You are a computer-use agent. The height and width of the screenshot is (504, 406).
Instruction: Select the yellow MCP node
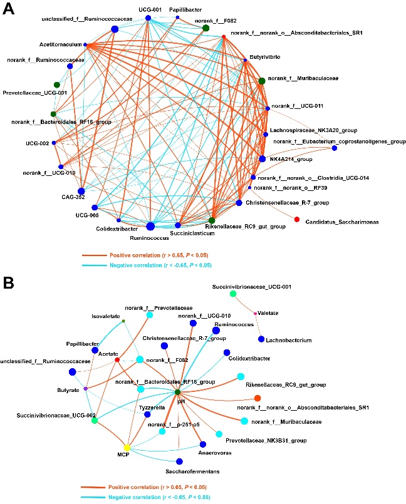tap(127, 448)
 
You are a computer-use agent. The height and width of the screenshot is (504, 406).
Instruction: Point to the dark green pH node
tap(179, 393)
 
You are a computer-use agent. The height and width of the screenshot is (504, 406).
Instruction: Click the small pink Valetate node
tap(255, 312)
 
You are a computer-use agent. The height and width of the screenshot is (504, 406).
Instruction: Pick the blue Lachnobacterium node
tap(261, 339)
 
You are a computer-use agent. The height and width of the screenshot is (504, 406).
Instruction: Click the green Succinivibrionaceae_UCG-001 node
tap(233, 294)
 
